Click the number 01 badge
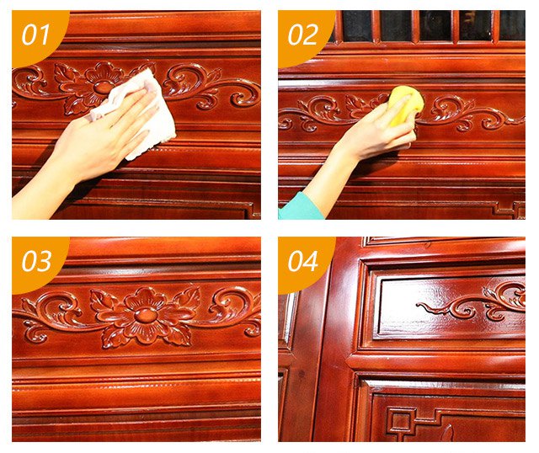click(x=36, y=35)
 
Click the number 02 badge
click(x=302, y=35)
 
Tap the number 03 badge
click(x=36, y=261)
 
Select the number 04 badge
click(x=302, y=261)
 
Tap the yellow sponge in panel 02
click(x=406, y=104)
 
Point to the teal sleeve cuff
click(x=300, y=207)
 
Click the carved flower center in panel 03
click(x=146, y=314)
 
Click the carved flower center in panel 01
click(x=102, y=87)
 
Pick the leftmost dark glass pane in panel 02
click(x=357, y=26)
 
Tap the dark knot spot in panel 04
click(x=302, y=374)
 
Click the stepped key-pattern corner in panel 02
click(x=509, y=209)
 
